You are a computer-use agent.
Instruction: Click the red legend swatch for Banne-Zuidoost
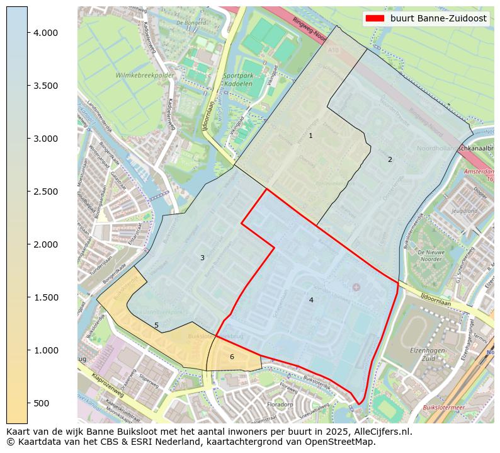[375, 18]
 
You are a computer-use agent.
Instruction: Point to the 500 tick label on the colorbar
[45, 403]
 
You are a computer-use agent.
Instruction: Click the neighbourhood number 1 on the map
[310, 136]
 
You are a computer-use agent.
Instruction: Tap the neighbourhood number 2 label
[390, 159]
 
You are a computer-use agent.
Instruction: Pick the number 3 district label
[202, 258]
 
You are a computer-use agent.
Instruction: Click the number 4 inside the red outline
[311, 301]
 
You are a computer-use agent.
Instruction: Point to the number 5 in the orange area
[157, 326]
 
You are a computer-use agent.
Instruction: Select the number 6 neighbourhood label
[232, 357]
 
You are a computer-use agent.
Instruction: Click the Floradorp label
[280, 404]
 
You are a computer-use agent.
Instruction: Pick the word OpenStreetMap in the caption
[342, 442]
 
